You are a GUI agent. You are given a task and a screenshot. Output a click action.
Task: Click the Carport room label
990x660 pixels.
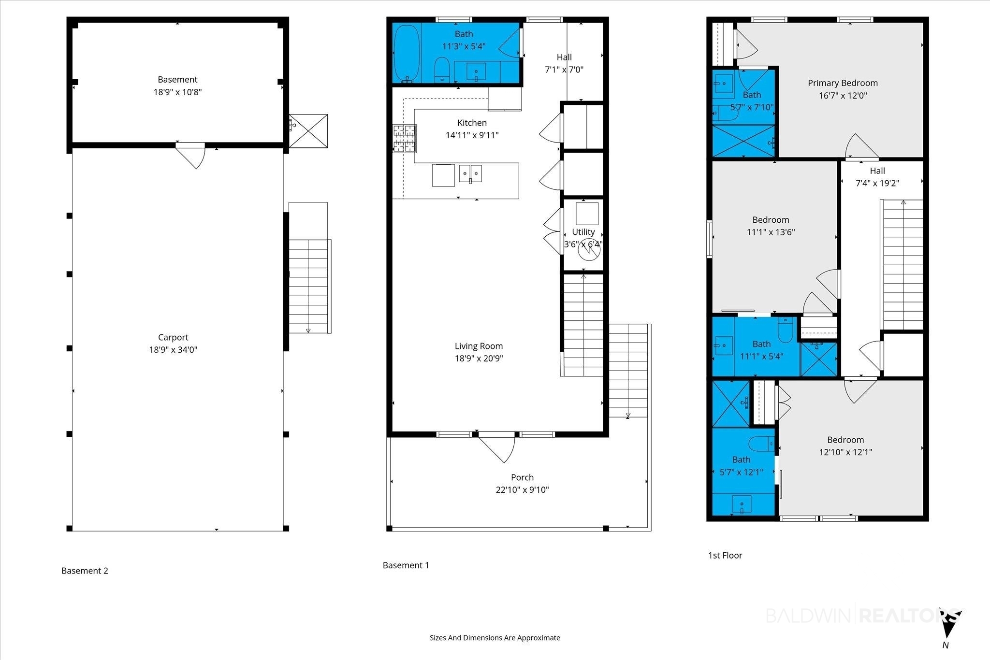pos(173,337)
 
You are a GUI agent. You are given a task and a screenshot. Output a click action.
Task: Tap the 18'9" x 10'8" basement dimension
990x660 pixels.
pos(177,92)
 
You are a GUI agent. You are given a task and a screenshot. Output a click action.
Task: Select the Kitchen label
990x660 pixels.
pos(472,123)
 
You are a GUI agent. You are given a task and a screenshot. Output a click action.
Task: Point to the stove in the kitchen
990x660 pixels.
pos(404,139)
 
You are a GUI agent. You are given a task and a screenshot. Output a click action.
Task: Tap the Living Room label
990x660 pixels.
pos(479,346)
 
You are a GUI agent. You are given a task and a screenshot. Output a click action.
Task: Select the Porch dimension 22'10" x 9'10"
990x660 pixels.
pos(523,489)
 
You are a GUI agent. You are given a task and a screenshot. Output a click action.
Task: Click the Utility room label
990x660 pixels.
pos(583,232)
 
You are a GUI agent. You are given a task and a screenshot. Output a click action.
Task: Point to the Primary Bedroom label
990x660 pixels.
pos(843,83)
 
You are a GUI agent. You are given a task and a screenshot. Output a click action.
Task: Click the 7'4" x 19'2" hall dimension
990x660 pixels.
pos(877,183)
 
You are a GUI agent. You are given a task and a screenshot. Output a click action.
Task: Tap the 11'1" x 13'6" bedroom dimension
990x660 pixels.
pos(771,232)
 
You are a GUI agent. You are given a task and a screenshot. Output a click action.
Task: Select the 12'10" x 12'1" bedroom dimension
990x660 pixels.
pos(845,452)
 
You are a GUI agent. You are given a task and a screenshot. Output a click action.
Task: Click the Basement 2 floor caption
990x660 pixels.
pos(85,571)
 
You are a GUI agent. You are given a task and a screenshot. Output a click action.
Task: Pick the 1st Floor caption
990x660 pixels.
pos(725,555)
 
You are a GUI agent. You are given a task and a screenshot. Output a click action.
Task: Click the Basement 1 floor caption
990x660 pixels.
pos(406,565)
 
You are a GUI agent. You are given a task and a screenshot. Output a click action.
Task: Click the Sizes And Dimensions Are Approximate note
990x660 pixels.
pos(495,638)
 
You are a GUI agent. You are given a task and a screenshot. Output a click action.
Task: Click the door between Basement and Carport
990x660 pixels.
pos(191,155)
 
